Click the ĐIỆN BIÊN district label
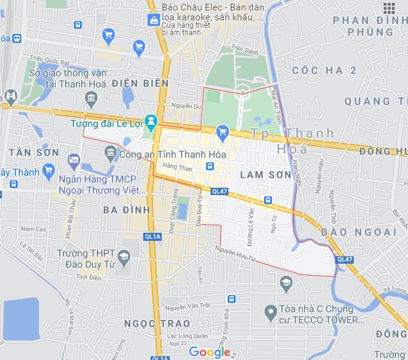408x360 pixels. pyautogui.click(x=140, y=83)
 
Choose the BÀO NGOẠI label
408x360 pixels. pyautogui.click(x=359, y=232)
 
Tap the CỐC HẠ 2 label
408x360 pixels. pyautogui.click(x=325, y=71)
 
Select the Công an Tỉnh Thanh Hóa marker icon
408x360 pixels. pyautogui.click(x=111, y=152)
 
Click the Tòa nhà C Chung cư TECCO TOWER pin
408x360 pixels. pyautogui.click(x=269, y=313)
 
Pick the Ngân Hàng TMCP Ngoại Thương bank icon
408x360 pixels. pyautogui.click(x=74, y=160)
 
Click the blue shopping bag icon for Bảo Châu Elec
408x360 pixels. pyautogui.click(x=152, y=21)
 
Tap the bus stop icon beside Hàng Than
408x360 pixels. pyautogui.click(x=210, y=166)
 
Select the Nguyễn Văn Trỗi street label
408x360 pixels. pyautogui.click(x=191, y=306)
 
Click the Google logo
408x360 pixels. pyautogui.click(x=209, y=352)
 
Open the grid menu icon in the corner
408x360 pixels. pyautogui.click(x=389, y=7)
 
